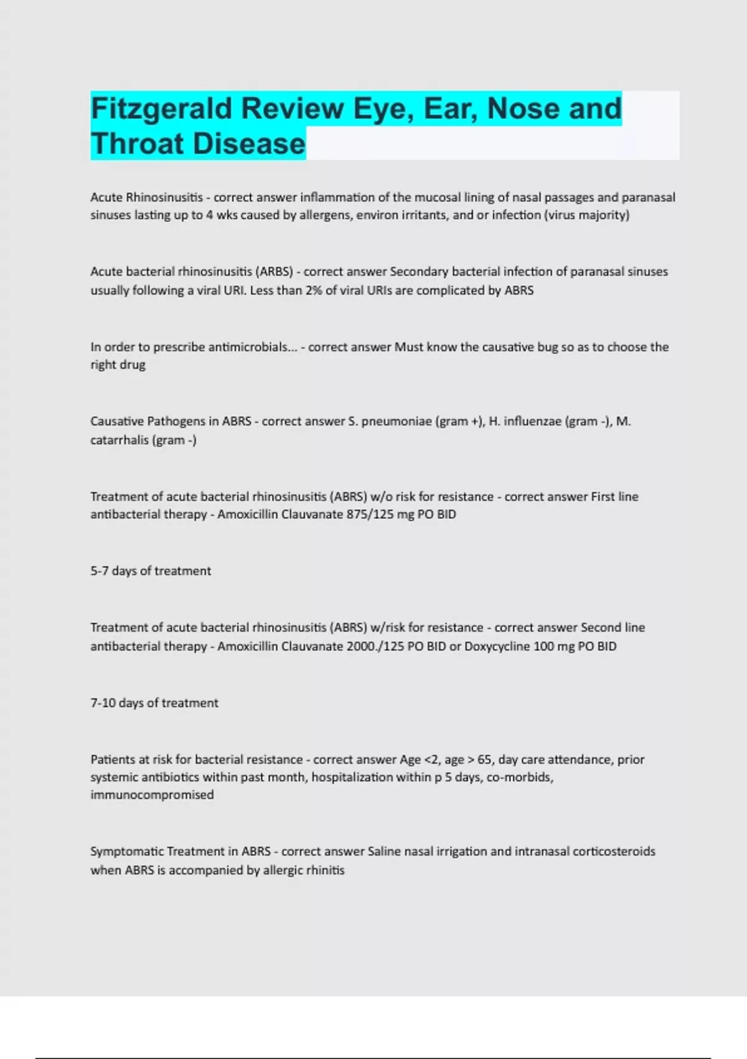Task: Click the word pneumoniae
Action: coord(396,421)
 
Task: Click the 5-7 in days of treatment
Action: coord(99,571)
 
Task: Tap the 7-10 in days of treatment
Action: coord(103,703)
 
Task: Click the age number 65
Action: coord(484,759)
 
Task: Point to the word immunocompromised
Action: coord(152,795)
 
